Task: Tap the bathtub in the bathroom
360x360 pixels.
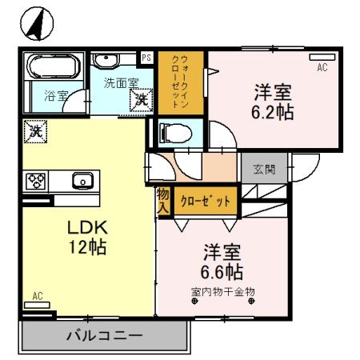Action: (53, 67)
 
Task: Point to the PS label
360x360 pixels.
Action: (146, 58)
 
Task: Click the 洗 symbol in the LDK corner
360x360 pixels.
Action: (34, 130)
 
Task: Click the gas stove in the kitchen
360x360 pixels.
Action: (37, 180)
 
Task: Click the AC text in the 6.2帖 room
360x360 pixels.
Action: (322, 68)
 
